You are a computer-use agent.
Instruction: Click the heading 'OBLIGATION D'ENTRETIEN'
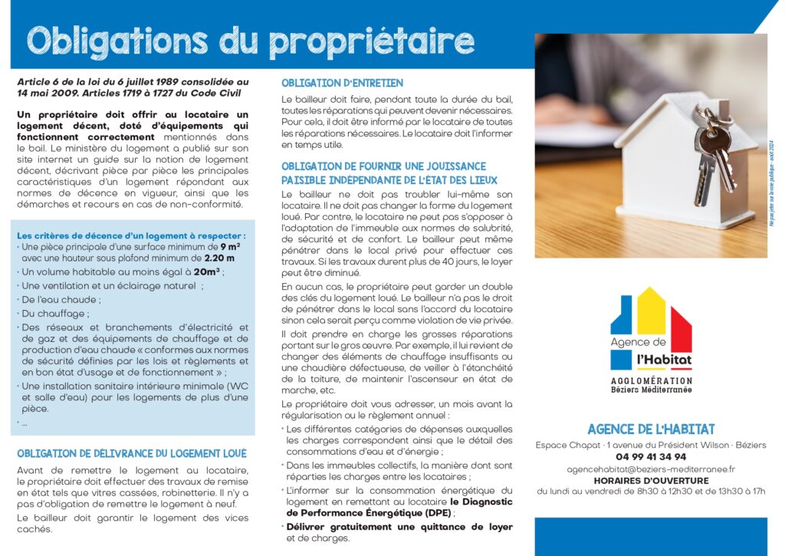(342, 83)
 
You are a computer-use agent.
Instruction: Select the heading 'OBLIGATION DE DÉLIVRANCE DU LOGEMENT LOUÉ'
(132, 453)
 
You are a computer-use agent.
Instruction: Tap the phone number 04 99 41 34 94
(651, 456)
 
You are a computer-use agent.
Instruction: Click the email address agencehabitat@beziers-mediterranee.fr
(651, 469)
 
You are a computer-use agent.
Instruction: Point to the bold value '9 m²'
(230, 247)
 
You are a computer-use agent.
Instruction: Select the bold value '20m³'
(207, 271)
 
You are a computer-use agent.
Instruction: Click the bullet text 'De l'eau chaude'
(61, 299)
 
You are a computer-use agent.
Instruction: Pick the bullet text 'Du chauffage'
(55, 313)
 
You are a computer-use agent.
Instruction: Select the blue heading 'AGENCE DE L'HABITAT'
(651, 429)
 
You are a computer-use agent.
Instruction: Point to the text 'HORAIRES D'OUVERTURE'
(651, 481)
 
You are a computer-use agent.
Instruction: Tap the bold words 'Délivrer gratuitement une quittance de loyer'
(399, 527)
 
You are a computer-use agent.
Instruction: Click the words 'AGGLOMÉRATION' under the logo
(651, 380)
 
